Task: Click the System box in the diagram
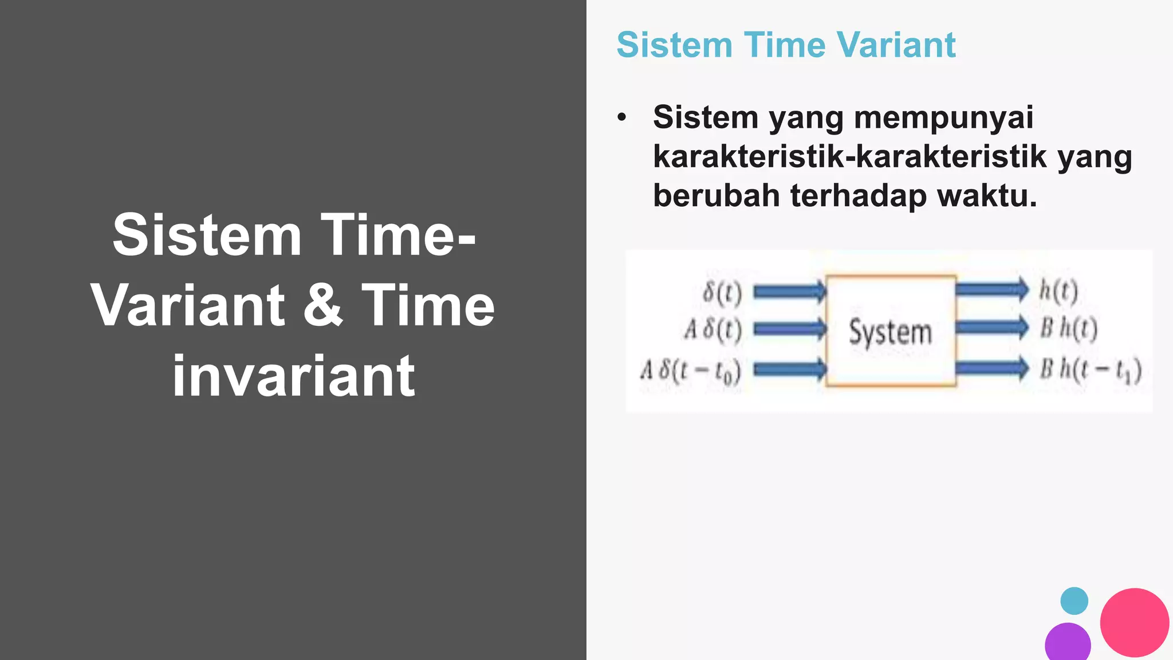(891, 331)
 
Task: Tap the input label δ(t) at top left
(722, 293)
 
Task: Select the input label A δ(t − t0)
(690, 371)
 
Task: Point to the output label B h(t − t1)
(1090, 370)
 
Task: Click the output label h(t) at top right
(1058, 291)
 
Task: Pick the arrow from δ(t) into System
(789, 292)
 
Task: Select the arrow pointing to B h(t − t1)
(992, 368)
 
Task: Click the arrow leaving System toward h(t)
(992, 289)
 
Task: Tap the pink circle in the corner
(1134, 622)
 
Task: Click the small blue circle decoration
(1074, 601)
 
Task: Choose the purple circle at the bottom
(1068, 643)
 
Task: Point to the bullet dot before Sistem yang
(622, 118)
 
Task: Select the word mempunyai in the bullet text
(943, 118)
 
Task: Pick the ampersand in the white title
(322, 306)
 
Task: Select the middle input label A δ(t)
(713, 329)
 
